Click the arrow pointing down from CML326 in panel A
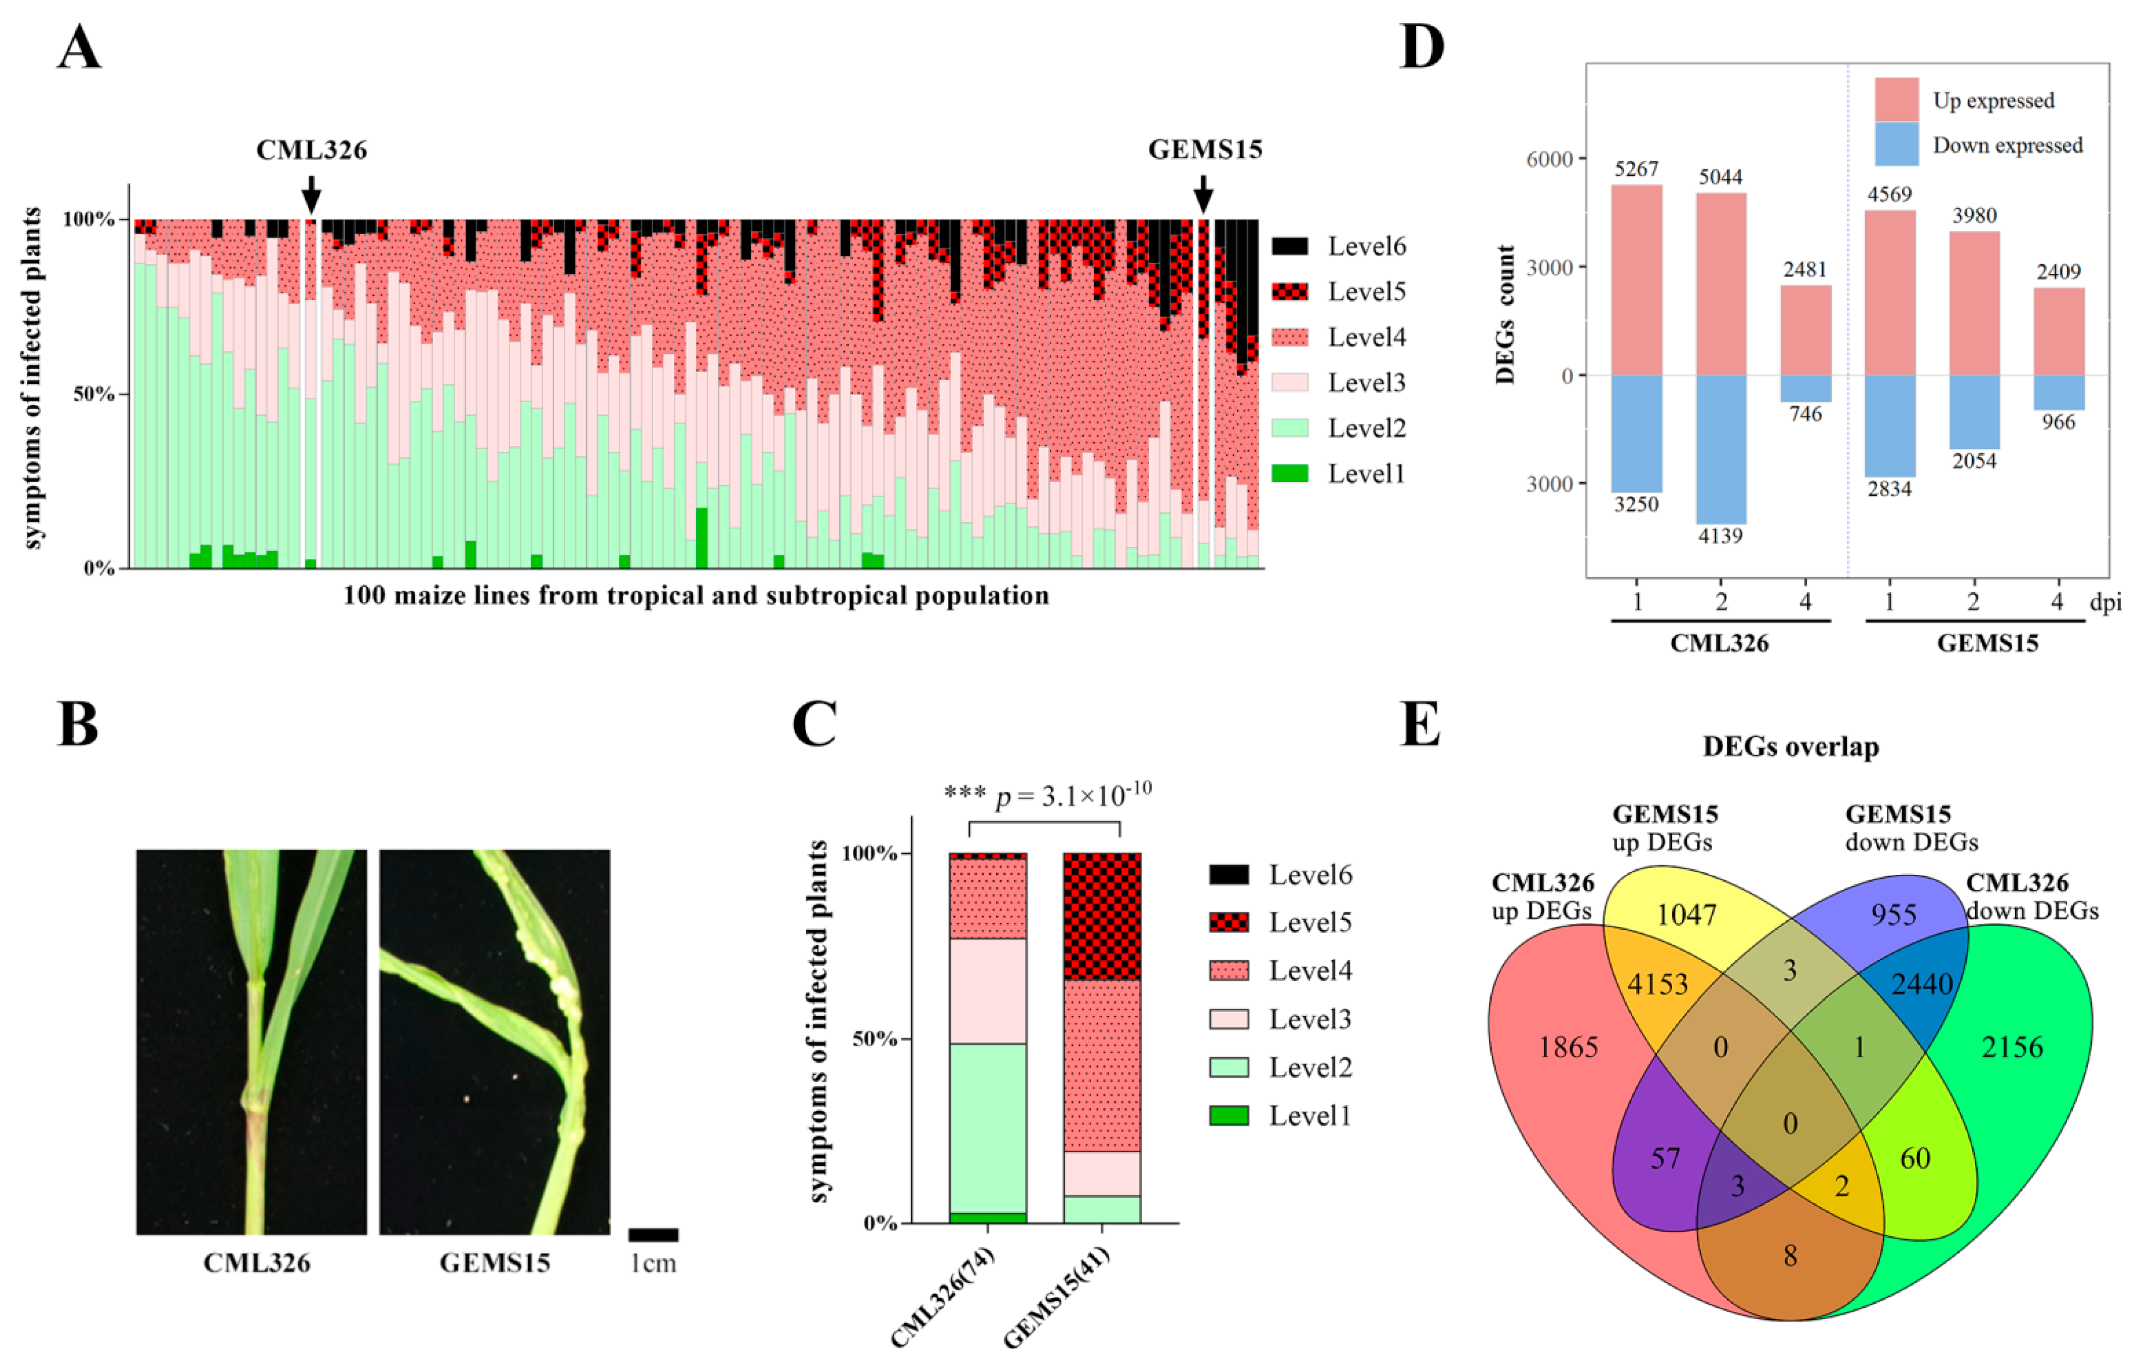point(311,193)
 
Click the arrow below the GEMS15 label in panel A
point(1203,193)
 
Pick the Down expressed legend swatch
point(1896,144)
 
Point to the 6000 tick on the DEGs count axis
point(1549,159)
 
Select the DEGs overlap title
point(1790,746)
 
